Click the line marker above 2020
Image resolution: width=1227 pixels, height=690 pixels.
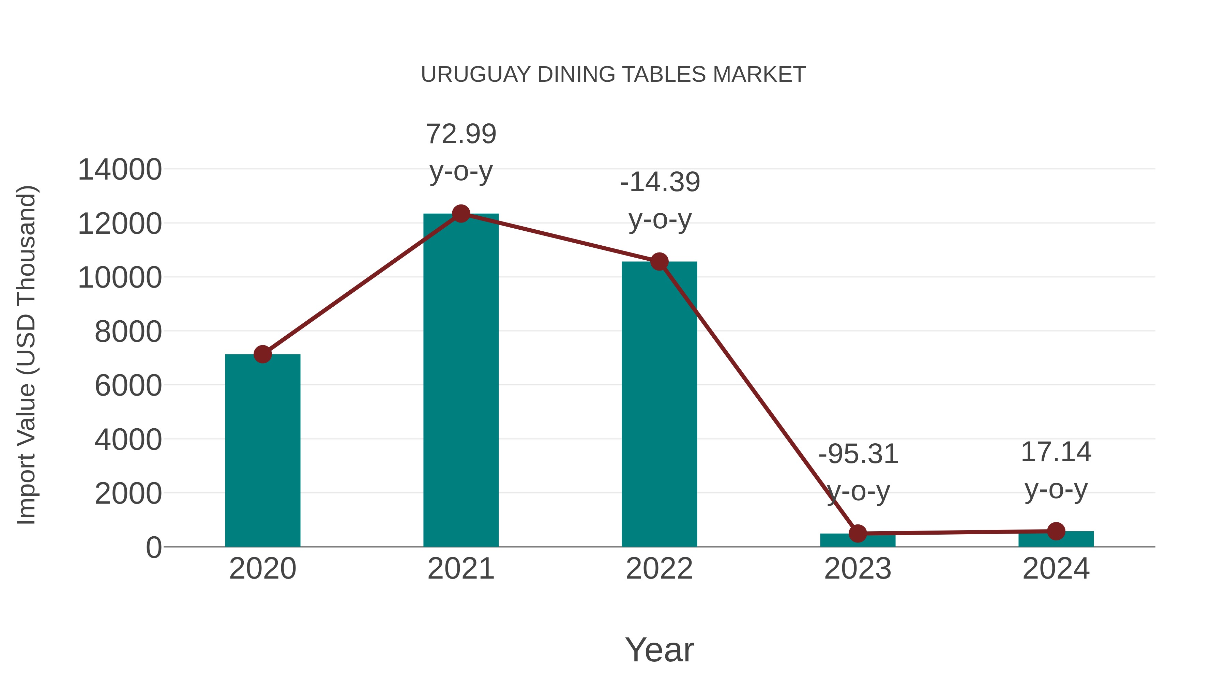point(262,354)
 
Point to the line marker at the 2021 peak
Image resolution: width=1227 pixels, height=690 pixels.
point(460,214)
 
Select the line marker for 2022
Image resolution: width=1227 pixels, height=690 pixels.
point(659,261)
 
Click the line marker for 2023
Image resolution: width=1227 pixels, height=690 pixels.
point(858,533)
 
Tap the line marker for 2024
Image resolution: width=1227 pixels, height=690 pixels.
point(1056,531)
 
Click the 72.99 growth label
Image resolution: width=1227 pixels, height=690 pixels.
point(460,134)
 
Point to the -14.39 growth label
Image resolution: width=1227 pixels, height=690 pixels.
point(660,182)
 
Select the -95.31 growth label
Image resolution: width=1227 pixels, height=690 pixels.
point(858,454)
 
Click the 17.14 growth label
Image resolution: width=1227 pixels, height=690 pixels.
point(1056,452)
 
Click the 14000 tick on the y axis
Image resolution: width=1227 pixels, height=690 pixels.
point(120,170)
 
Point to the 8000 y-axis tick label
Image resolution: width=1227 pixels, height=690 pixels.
point(128,332)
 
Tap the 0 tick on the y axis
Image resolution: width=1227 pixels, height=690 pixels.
point(153,548)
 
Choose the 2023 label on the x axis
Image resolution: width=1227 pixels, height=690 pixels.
point(858,569)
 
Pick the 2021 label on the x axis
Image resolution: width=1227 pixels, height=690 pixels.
point(460,569)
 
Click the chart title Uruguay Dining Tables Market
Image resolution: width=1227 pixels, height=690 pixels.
point(613,75)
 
